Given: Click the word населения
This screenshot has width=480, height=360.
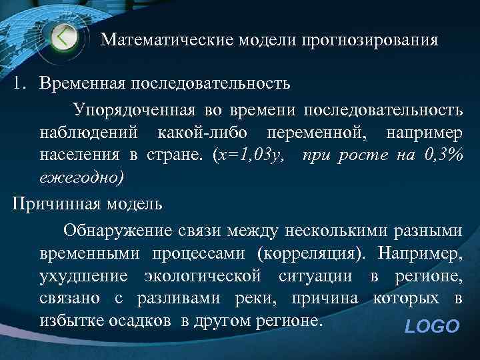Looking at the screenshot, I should [x=79, y=156].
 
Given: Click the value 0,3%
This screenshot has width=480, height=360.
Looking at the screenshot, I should [x=443, y=156].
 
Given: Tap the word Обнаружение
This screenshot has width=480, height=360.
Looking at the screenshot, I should [x=117, y=230].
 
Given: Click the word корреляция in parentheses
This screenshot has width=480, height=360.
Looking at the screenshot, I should [x=313, y=253].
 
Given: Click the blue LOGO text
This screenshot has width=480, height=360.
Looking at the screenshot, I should [x=432, y=327].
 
